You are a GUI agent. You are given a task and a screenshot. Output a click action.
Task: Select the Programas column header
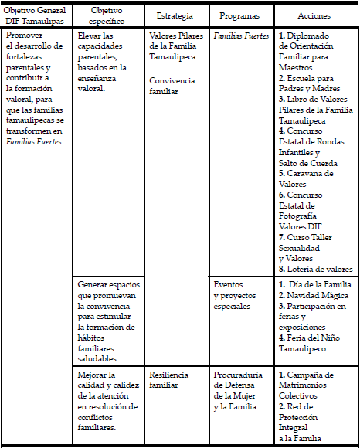[x=239, y=15]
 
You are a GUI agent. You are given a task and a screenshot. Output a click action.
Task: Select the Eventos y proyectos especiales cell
[x=232, y=296]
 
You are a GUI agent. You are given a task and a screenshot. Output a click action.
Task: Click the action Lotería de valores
[x=316, y=270]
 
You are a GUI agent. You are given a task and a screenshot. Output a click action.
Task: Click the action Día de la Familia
[x=318, y=285]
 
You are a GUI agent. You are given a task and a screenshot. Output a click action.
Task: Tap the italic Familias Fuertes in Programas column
[x=241, y=36]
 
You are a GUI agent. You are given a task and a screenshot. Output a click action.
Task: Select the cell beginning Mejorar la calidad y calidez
[x=108, y=401]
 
